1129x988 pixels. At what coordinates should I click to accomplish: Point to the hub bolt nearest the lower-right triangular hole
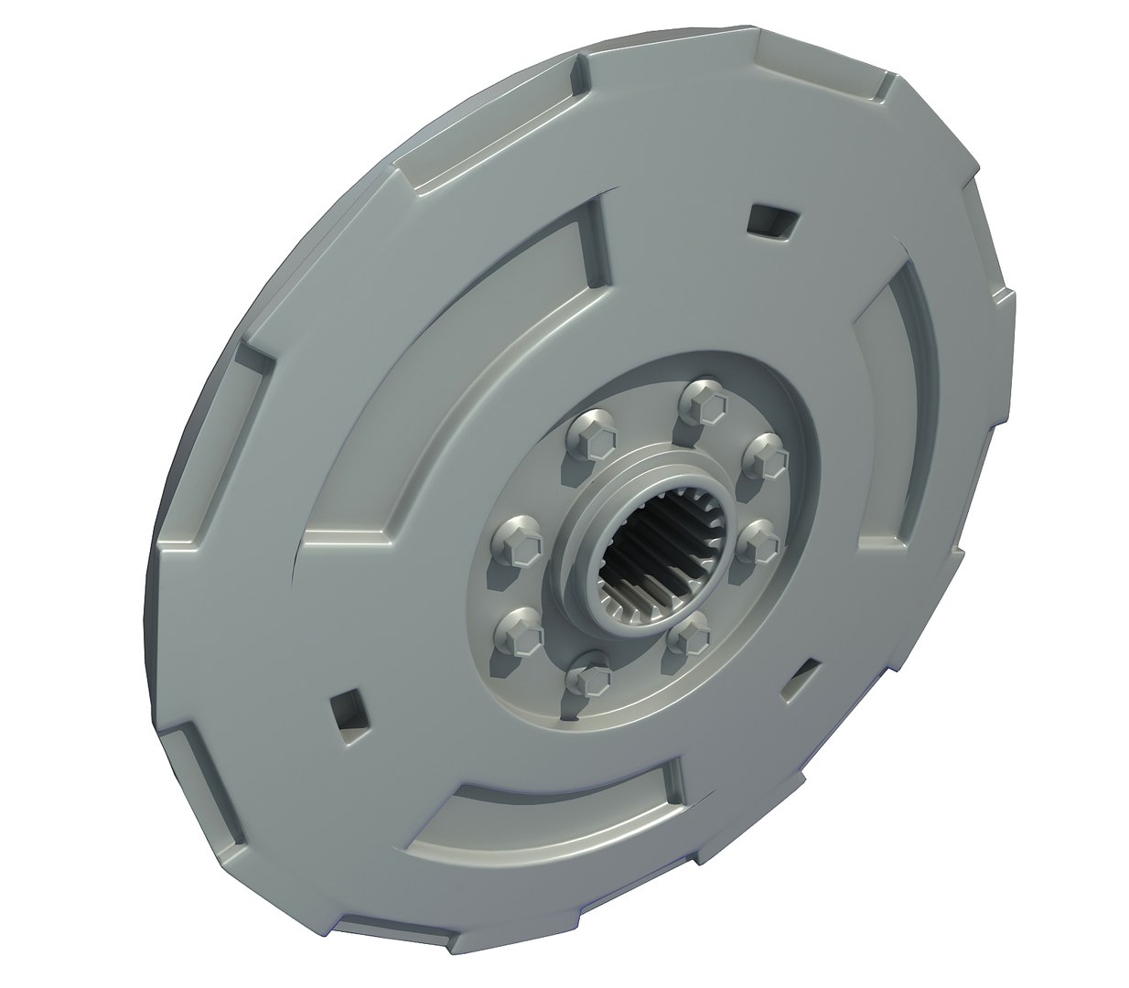pos(693,631)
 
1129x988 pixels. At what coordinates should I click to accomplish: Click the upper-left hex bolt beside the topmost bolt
pos(590,435)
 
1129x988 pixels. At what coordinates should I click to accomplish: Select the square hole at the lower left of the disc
pos(350,710)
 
